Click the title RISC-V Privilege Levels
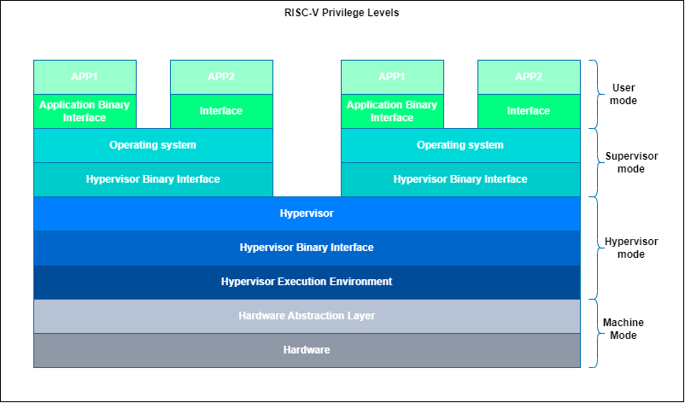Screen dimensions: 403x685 [342, 13]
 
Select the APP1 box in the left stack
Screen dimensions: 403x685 [85, 77]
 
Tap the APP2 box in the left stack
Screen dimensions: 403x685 [221, 77]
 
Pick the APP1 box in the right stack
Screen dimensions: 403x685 [392, 77]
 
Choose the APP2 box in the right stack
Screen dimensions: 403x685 [529, 77]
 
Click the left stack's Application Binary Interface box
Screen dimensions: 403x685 [85, 111]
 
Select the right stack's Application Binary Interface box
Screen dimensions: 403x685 [392, 111]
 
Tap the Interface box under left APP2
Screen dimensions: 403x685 [221, 111]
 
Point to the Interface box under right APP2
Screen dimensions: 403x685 [529, 111]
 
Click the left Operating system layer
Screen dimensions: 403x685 [153, 145]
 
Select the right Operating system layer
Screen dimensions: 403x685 [460, 145]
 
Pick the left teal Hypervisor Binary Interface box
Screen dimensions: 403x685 [153, 179]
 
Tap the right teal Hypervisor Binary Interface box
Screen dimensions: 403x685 [460, 179]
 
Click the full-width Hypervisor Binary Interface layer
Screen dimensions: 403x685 [307, 248]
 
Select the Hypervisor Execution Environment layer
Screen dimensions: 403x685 [307, 282]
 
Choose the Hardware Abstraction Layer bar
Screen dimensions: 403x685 [307, 316]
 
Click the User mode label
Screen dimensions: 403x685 [624, 94]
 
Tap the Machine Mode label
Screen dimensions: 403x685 [624, 329]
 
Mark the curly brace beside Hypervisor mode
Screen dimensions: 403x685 [595, 248]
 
